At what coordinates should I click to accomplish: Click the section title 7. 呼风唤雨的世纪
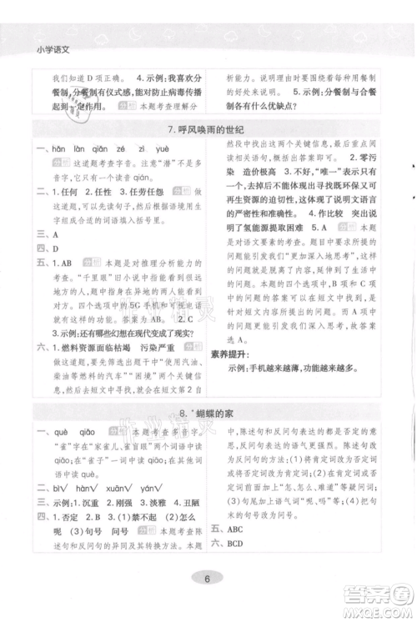[x=208, y=129]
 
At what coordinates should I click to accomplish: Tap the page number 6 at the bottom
[x=208, y=579]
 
